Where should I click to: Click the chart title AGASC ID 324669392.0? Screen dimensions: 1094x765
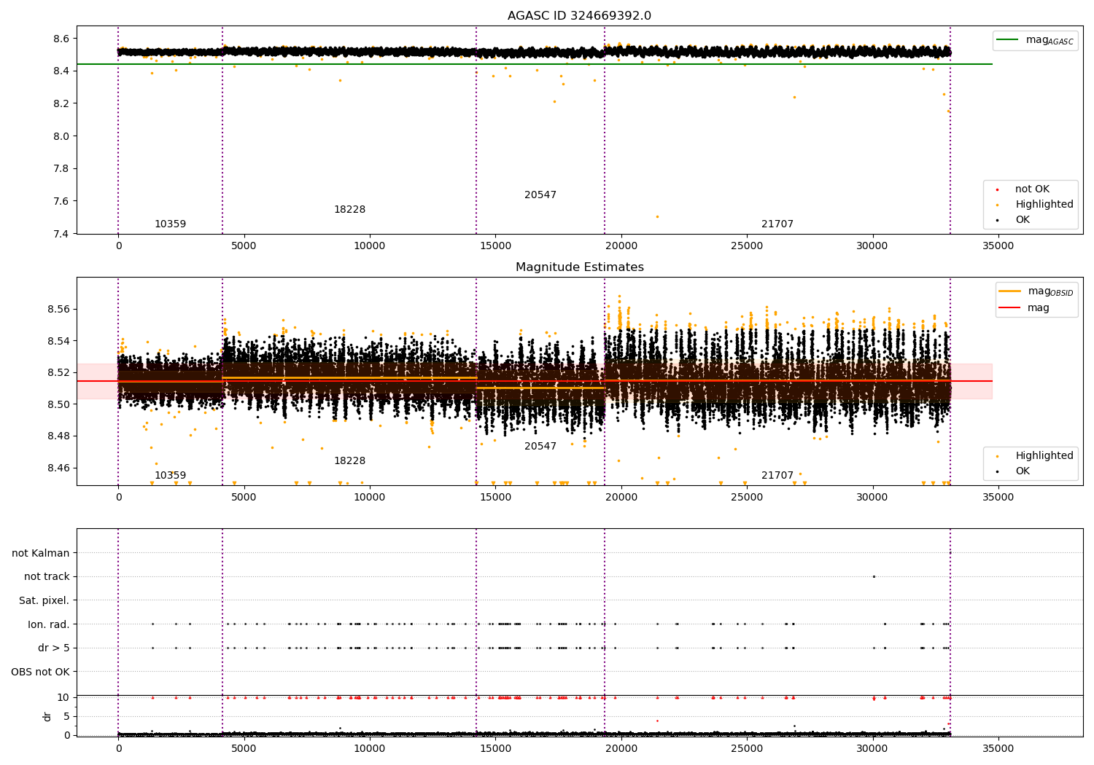tap(579, 15)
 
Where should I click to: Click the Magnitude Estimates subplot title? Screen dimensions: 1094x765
tap(580, 267)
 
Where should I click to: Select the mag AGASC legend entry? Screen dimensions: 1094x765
tap(1036, 40)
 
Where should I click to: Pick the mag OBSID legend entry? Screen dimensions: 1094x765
tap(1036, 291)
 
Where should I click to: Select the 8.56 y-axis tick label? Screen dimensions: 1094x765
tap(59, 309)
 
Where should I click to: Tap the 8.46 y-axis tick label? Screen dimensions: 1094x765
tap(59, 468)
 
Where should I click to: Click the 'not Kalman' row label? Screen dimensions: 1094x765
tap(41, 553)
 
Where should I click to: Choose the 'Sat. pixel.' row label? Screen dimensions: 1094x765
tap(44, 600)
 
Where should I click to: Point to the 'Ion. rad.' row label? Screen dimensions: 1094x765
tap(48, 624)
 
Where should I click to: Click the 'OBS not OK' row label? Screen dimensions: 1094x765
tap(40, 672)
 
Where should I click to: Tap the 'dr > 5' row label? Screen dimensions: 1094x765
tap(54, 648)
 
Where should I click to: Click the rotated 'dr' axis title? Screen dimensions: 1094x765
tap(47, 717)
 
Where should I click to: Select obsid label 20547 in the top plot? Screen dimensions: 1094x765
tap(540, 195)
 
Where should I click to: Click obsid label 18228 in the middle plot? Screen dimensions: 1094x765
tap(349, 460)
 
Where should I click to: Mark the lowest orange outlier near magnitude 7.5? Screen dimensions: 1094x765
tap(657, 216)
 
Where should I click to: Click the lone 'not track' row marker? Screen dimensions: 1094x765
tap(874, 577)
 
